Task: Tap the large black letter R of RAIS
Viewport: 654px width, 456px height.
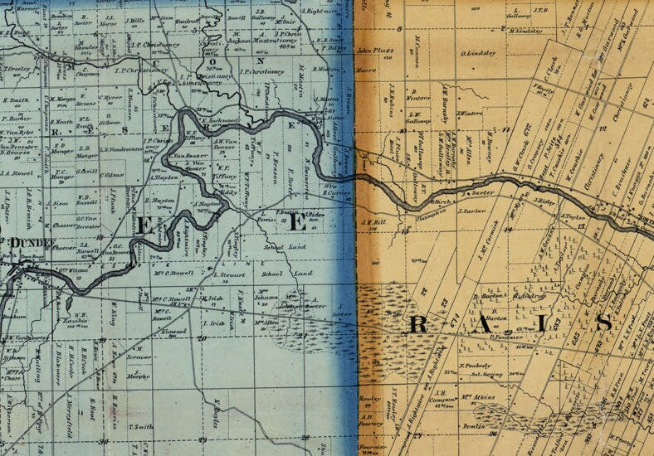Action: click(x=419, y=324)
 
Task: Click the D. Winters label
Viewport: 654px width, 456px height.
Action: click(x=417, y=97)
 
